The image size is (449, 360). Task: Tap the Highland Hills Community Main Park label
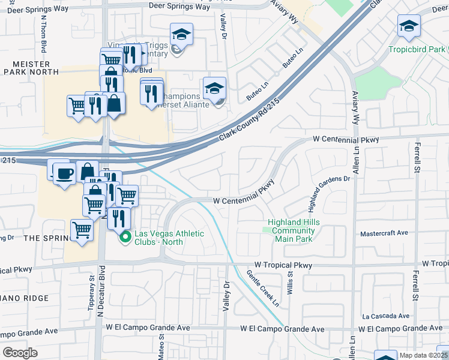coord(294,230)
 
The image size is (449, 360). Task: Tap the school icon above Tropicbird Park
coord(409,26)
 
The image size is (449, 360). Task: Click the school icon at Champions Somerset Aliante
coord(214,88)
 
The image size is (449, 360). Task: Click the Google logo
coord(20,353)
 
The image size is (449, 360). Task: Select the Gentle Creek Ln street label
coord(263,289)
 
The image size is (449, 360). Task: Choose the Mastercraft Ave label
coord(384,234)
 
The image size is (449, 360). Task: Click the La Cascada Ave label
coord(385,316)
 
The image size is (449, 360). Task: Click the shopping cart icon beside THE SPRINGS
coord(82,230)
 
